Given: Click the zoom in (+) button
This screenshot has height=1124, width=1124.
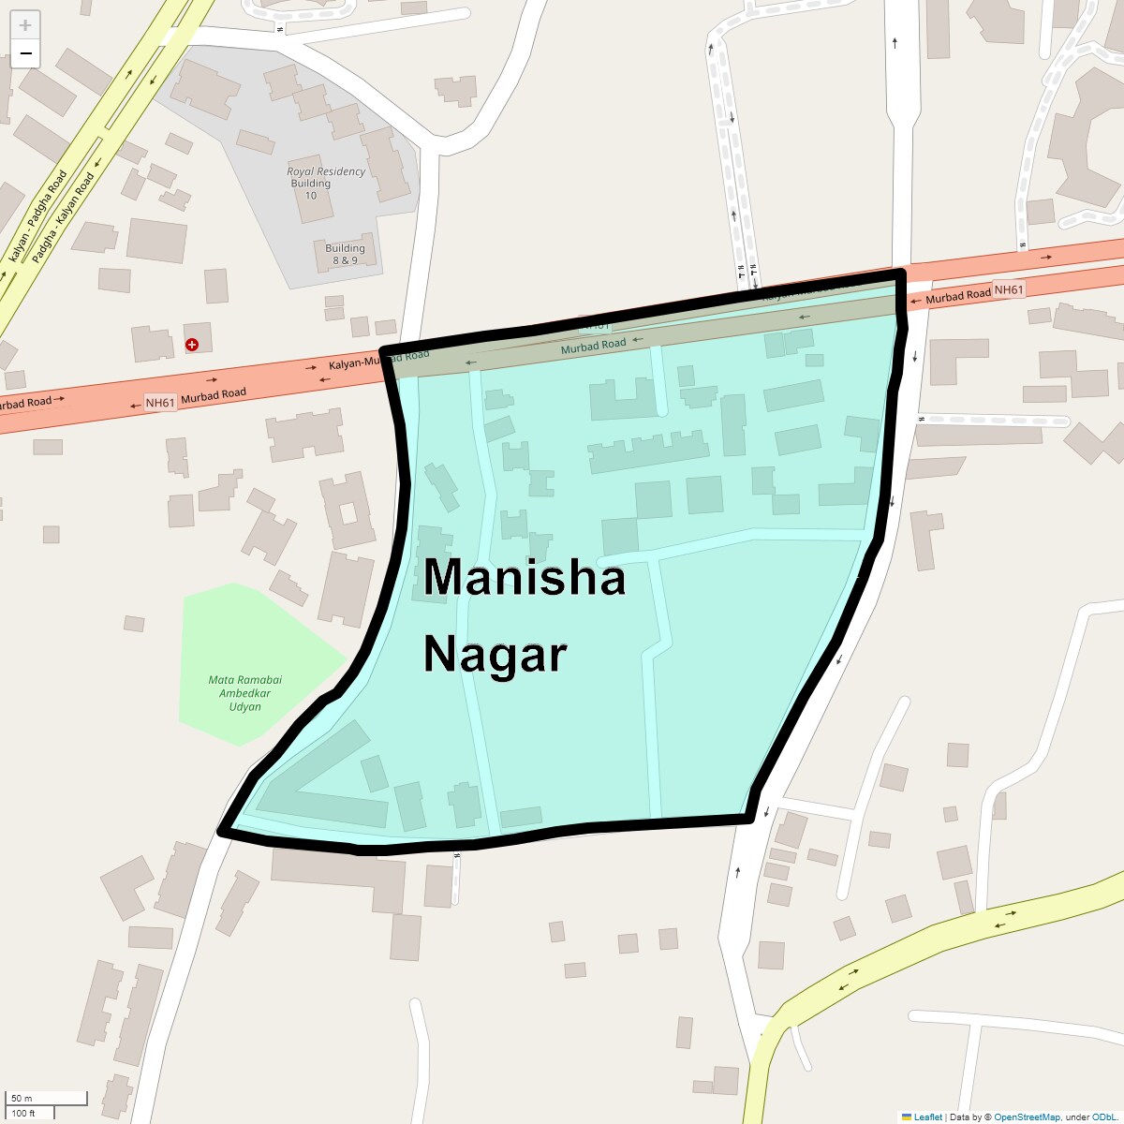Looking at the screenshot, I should click(25, 25).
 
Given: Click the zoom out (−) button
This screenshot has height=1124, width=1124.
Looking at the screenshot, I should click(25, 53).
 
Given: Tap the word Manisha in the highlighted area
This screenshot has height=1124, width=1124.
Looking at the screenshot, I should click(524, 577).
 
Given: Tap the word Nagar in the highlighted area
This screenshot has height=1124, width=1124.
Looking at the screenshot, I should click(495, 654).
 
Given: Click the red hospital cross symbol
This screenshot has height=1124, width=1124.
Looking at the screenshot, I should click(192, 345).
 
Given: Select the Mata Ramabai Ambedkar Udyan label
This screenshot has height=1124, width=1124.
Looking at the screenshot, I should click(244, 693).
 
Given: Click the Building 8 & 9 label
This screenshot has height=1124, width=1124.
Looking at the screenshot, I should click(345, 254).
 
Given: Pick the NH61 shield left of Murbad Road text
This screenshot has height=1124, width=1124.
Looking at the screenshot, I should click(160, 403).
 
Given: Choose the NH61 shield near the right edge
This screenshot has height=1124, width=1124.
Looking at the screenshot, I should click(1009, 290).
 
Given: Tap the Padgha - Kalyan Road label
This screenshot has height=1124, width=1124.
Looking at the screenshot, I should click(63, 218).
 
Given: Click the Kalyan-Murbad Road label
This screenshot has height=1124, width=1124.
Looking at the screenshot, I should click(378, 360).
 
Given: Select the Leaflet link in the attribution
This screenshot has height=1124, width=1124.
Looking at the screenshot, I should click(927, 1117).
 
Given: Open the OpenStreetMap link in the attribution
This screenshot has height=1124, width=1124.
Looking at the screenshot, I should click(1027, 1117).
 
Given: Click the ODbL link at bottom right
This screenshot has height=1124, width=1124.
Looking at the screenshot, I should click(1103, 1117).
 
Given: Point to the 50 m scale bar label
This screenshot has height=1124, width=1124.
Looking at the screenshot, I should click(22, 1098).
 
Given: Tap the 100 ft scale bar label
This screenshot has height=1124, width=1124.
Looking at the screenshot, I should click(23, 1113).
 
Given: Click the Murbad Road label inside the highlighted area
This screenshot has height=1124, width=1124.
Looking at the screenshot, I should click(593, 346).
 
